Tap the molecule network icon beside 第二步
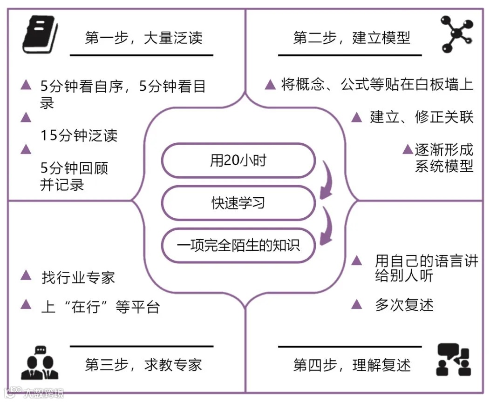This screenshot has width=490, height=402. [455, 34]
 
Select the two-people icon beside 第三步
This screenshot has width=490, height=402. [40, 362]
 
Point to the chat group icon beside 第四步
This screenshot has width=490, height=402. [453, 360]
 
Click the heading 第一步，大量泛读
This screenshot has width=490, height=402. [143, 38]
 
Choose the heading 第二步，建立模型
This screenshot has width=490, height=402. [352, 38]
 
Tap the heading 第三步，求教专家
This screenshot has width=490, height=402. [143, 364]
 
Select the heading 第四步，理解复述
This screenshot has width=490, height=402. [352, 365]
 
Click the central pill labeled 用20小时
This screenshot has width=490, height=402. [238, 161]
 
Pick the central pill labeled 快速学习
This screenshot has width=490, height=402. [238, 203]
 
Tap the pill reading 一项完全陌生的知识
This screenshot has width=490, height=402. [238, 245]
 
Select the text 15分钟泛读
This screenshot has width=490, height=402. [79, 135]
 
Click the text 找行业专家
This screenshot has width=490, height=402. [78, 277]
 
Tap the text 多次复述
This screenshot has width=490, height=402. [404, 305]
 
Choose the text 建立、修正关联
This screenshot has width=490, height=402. [422, 117]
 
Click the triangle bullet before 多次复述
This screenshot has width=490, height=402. [356, 304]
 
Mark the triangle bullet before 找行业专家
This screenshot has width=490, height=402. [26, 276]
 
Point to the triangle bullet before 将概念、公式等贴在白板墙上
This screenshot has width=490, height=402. [270, 85]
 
